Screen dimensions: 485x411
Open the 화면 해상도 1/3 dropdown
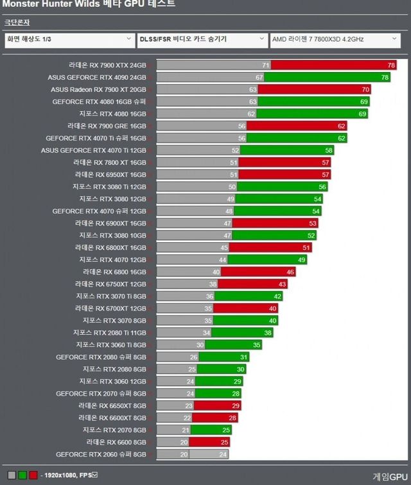coord(69,39)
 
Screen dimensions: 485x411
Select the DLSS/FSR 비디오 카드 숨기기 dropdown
coord(202,39)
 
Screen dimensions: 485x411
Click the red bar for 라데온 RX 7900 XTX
coord(333,66)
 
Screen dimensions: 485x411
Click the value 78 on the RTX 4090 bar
coord(385,77)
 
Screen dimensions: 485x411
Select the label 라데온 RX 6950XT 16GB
coord(110,175)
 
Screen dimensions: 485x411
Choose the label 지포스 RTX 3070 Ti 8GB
coord(111,296)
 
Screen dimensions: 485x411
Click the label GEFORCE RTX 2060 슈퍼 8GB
coord(101,454)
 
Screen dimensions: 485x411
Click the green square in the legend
coord(22,475)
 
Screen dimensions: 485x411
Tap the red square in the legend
coord(33,475)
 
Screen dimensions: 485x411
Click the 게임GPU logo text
coord(389,476)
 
